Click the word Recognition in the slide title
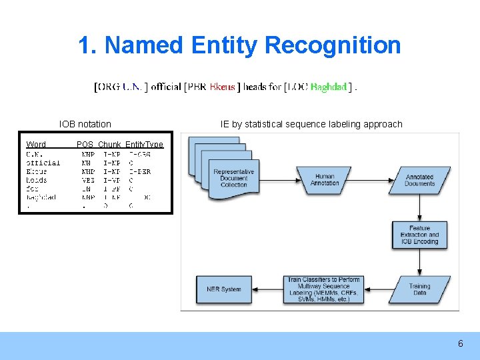(333, 45)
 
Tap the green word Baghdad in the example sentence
(329, 87)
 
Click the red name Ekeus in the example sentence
(222, 87)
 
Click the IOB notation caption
(85, 124)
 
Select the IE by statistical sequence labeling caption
(311, 124)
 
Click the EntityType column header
(144, 145)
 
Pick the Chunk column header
(109, 145)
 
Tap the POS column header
(85, 145)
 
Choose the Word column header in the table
(36, 145)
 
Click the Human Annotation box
(325, 180)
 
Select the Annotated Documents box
(419, 180)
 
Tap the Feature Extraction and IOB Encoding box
(419, 235)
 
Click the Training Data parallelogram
(419, 289)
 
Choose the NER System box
(223, 289)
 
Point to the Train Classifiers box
(323, 289)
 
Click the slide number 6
(460, 344)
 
